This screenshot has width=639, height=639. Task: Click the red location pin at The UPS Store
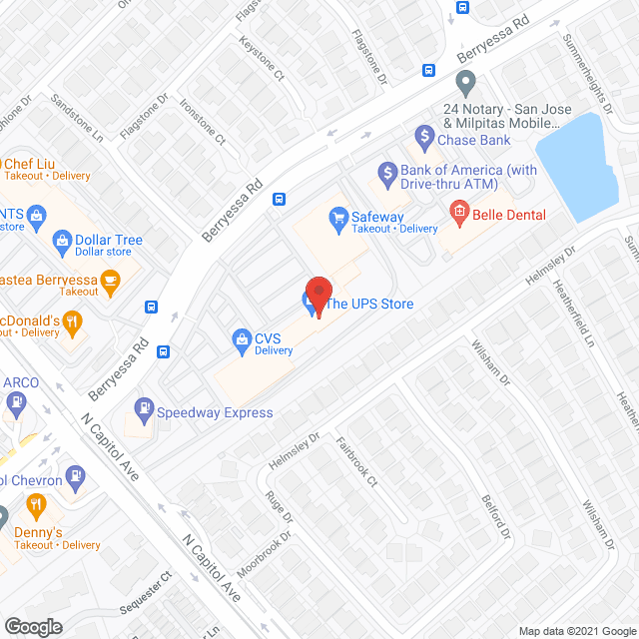(x=318, y=293)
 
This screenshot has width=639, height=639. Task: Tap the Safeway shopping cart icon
(x=337, y=216)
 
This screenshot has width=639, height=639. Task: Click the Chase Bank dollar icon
(x=424, y=134)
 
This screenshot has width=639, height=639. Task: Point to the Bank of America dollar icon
(x=385, y=170)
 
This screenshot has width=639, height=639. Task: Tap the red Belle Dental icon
(x=459, y=211)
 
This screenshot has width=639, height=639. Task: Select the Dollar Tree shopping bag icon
(x=63, y=240)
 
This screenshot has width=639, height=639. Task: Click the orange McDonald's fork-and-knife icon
(x=71, y=321)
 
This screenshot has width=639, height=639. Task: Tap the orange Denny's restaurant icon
(x=37, y=506)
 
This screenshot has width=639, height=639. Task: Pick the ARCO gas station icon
(x=15, y=403)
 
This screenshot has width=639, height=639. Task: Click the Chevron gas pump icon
(x=76, y=476)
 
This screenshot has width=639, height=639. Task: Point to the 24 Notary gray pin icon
(x=464, y=80)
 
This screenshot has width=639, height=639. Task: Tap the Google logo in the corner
(x=33, y=626)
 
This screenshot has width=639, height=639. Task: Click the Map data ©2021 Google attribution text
(x=576, y=630)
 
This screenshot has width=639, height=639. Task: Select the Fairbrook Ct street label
(x=356, y=465)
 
